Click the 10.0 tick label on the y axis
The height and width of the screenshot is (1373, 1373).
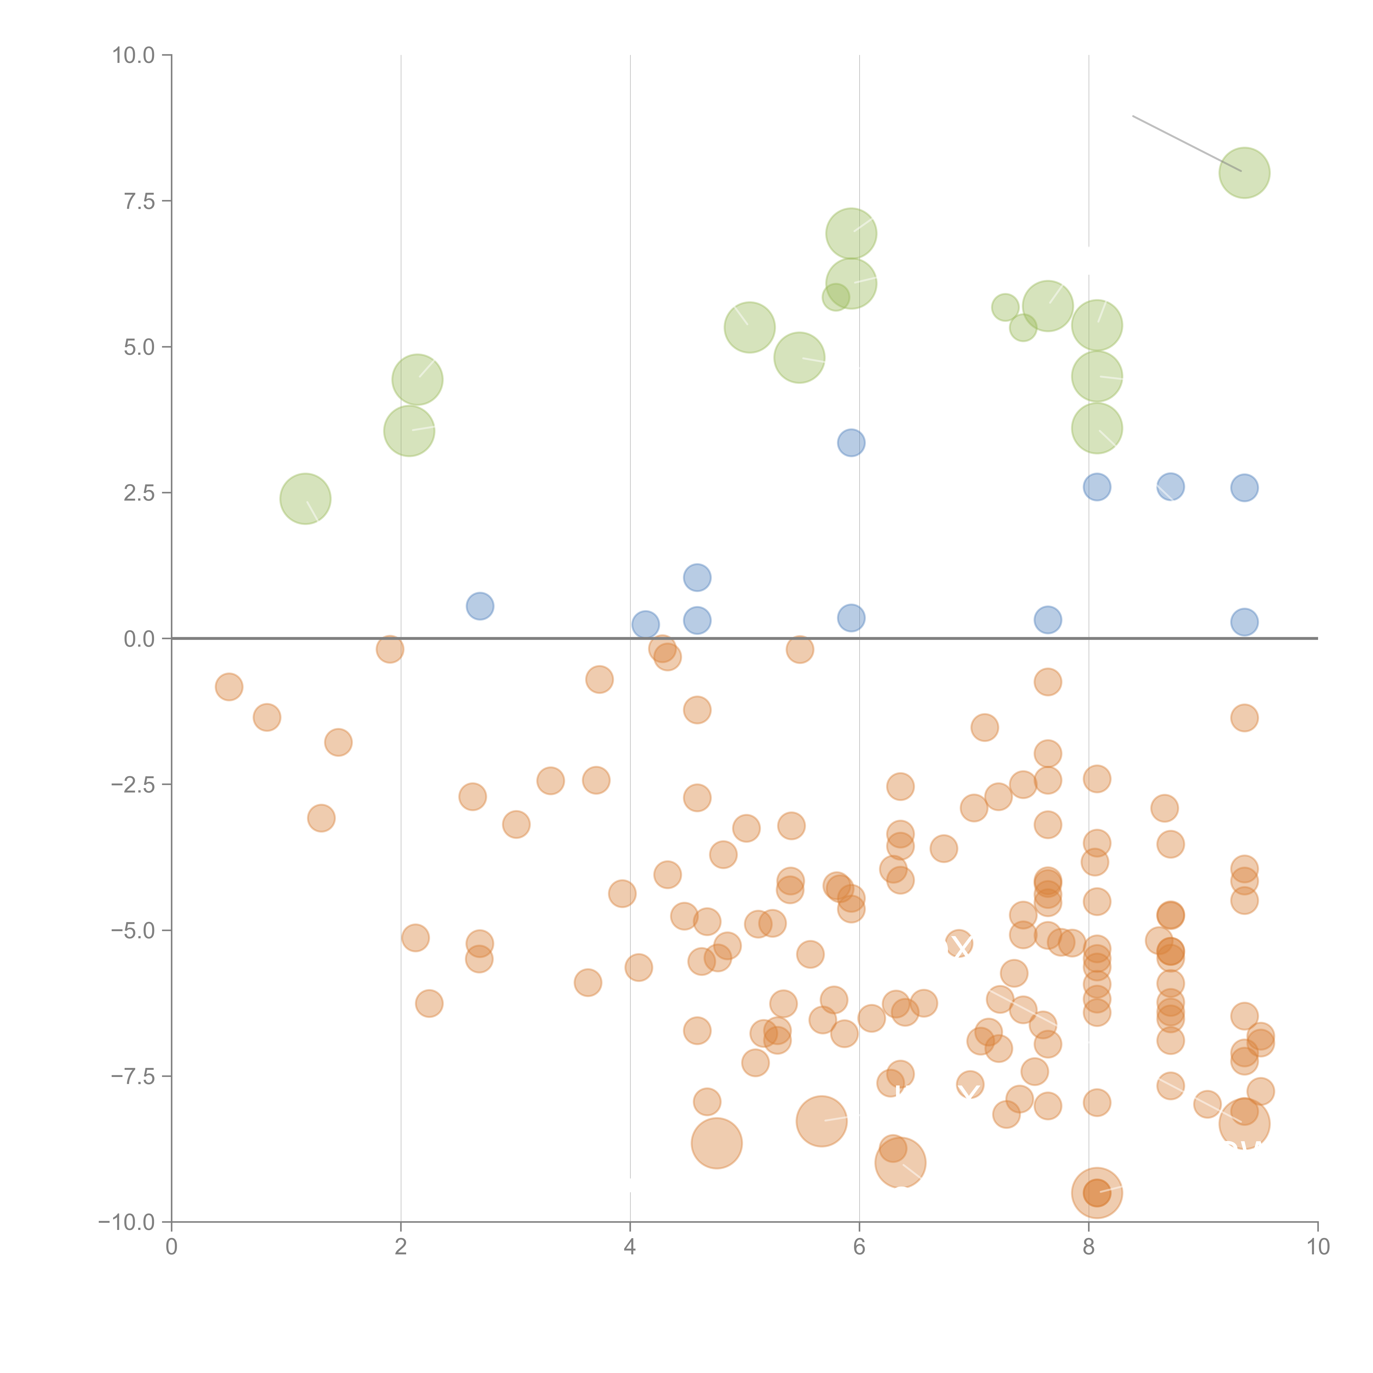[134, 55]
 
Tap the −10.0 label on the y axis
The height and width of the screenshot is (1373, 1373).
[127, 1222]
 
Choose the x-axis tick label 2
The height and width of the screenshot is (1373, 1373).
[401, 1247]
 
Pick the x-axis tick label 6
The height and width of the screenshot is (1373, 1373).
[859, 1247]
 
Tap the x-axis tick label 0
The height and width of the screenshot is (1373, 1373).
[171, 1247]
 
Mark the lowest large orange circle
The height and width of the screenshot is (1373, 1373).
[1096, 1193]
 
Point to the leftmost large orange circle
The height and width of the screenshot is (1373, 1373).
[716, 1143]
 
